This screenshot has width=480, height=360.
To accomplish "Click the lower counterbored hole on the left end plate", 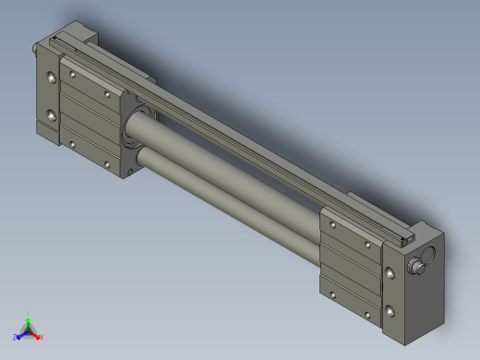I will point(50,117).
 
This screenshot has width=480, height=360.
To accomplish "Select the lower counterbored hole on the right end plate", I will point(393,310).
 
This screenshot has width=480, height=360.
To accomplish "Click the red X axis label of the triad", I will point(41,337).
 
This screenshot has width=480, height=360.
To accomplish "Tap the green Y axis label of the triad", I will point(29,314).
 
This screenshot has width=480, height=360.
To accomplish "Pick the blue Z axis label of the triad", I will point(17,337).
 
